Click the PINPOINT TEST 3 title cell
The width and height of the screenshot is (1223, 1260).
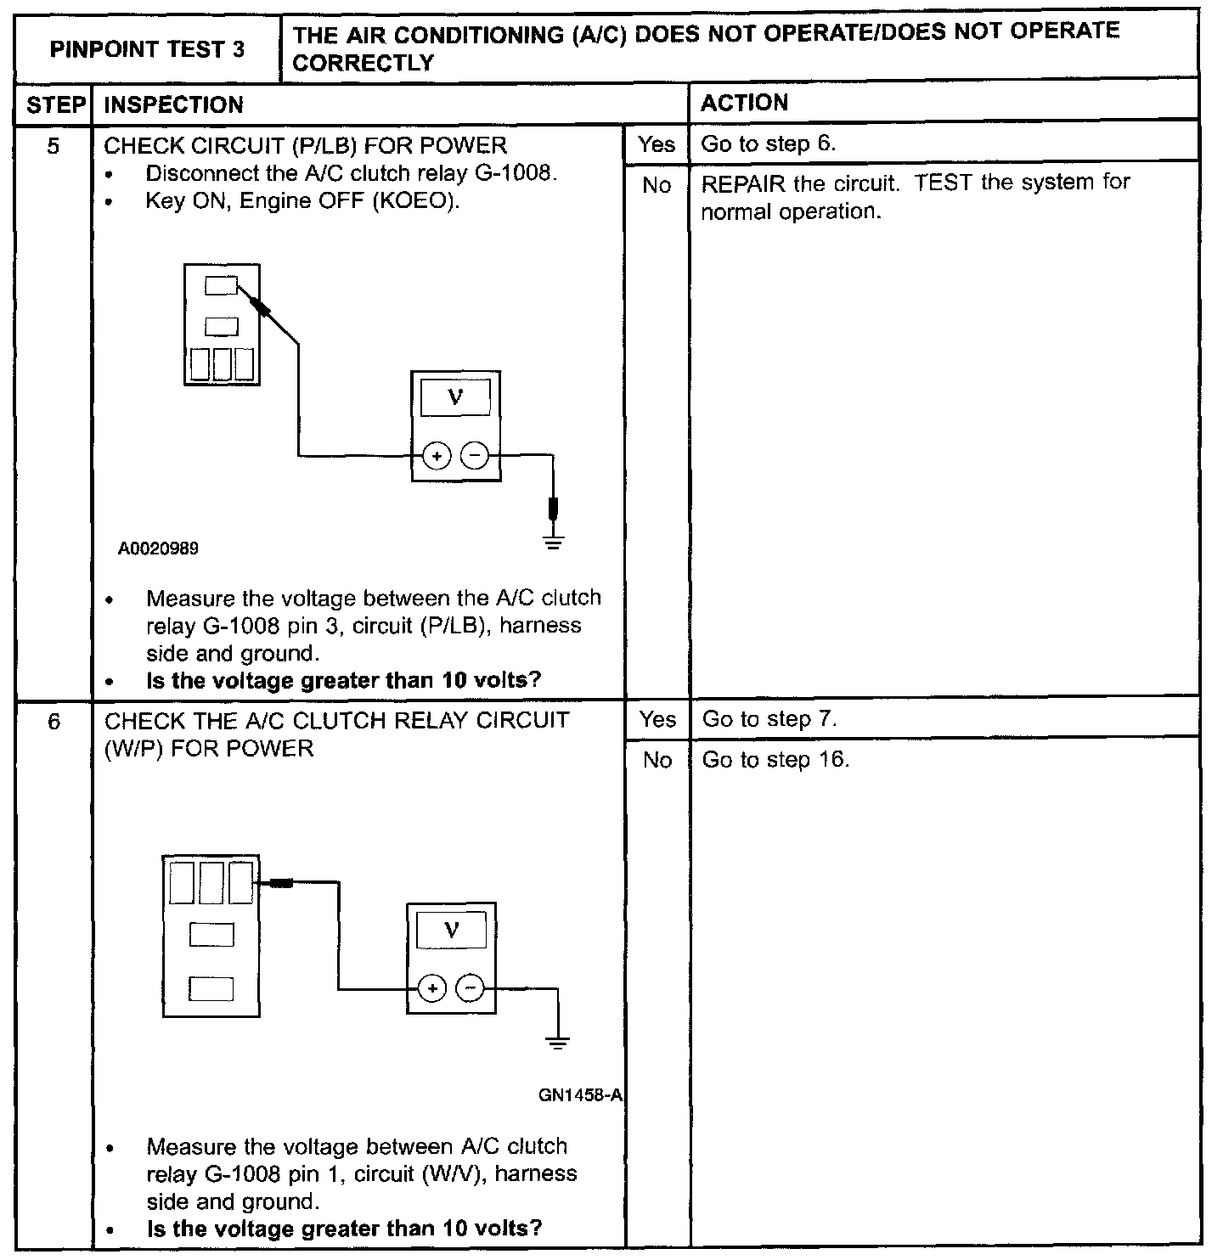(147, 49)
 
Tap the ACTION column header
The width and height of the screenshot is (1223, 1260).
(744, 103)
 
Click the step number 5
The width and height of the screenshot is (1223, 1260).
(54, 147)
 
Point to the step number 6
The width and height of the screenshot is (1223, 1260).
(54, 722)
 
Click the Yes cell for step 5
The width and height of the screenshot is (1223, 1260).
(657, 144)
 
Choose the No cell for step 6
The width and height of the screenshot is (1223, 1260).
(657, 760)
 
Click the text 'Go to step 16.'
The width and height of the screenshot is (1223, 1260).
(775, 760)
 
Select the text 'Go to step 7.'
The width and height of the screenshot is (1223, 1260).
(769, 720)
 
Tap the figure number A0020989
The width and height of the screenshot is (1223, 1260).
(159, 548)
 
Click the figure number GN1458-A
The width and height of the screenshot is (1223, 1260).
(581, 1095)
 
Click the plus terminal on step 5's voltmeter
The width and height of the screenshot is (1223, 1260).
(437, 456)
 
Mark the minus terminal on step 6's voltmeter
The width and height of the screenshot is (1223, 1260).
(470, 988)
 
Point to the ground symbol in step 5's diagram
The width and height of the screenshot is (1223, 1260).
(553, 541)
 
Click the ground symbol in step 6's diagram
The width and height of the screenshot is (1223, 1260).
(557, 1043)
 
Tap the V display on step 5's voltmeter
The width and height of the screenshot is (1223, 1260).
(455, 397)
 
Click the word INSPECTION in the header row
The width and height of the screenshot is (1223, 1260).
(173, 105)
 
